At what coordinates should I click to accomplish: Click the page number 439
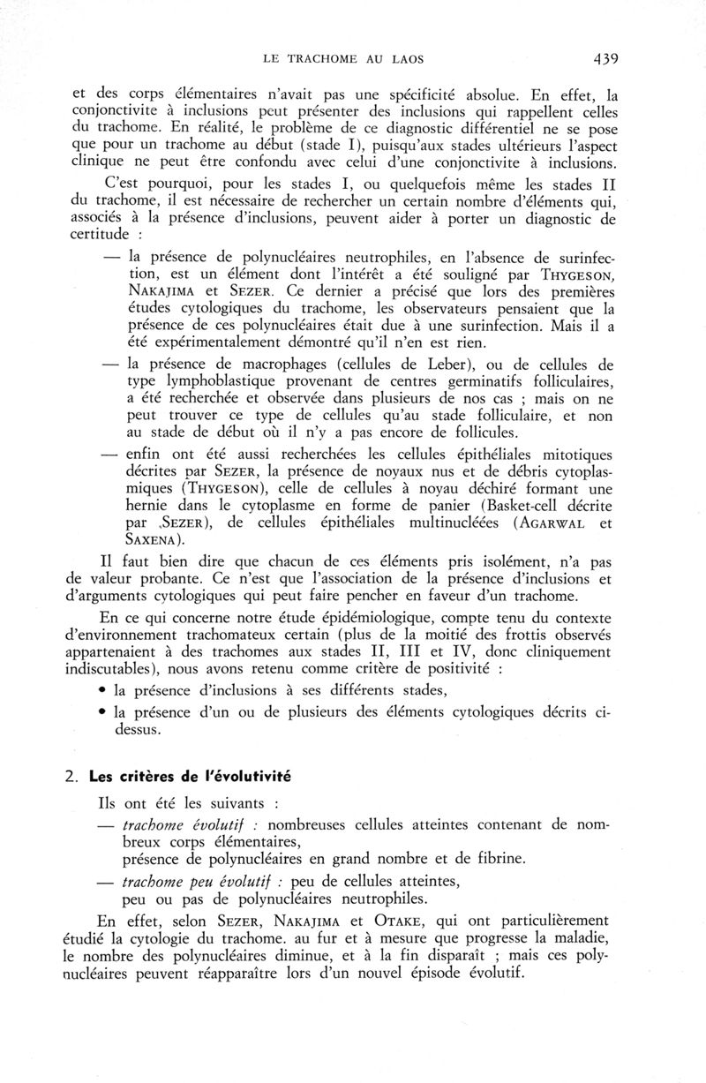pos(600,60)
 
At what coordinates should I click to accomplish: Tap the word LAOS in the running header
pos(404,61)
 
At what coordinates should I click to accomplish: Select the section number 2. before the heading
pos(77,777)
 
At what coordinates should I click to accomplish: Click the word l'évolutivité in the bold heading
pos(249,777)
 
